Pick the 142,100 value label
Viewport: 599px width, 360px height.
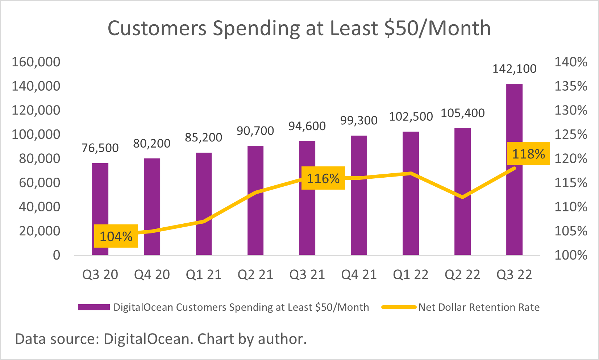click(514, 69)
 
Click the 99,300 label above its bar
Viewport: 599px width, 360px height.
click(359, 120)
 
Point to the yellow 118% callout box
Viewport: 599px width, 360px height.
click(528, 154)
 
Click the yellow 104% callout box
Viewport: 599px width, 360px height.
click(116, 236)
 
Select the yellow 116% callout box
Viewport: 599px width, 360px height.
click(323, 178)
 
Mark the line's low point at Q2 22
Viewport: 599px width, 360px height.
click(462, 197)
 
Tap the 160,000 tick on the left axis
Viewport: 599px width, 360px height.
click(36, 62)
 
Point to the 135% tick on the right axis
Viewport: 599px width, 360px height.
click(571, 86)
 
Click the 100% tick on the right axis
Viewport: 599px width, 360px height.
click(571, 255)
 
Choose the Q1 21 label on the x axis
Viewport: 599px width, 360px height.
click(204, 275)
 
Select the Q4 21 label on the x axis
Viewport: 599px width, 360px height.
click(359, 275)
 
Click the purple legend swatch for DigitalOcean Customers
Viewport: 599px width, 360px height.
click(93, 307)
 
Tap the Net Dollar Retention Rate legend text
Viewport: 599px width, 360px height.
click(479, 307)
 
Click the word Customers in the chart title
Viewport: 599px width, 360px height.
click(157, 28)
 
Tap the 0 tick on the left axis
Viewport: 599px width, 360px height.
click(57, 255)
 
